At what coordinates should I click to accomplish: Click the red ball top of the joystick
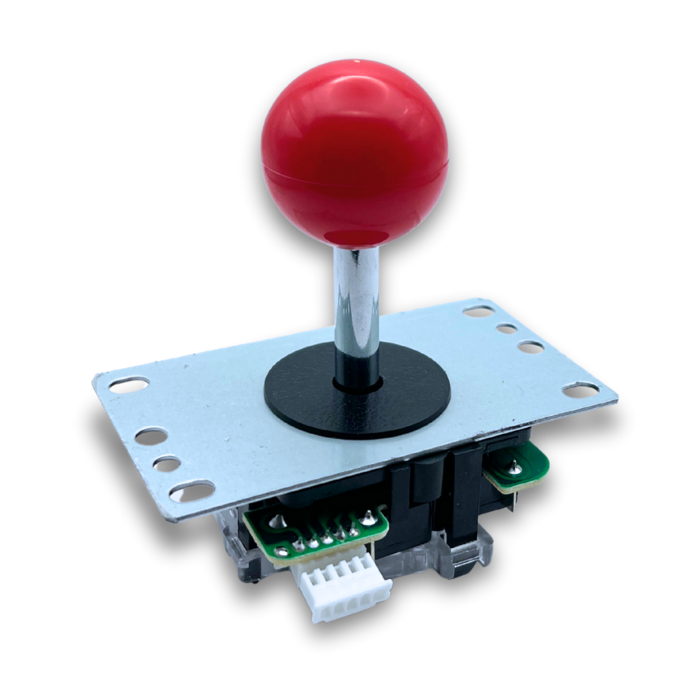354,151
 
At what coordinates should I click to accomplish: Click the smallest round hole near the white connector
167,464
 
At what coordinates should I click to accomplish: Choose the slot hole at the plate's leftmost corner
129,385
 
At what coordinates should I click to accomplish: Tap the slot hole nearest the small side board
580,389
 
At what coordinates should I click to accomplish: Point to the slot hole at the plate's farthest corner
478,311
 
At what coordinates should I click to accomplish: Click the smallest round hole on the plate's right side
507,329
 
